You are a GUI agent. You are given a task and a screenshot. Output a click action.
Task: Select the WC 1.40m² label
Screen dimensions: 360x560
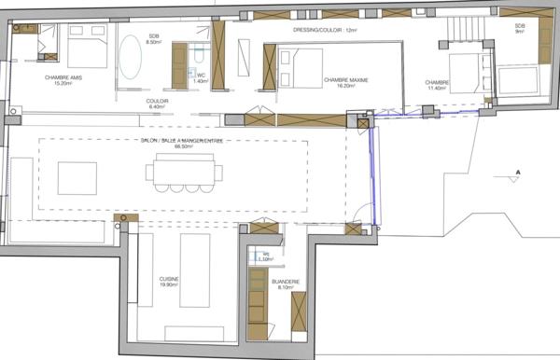click(199, 78)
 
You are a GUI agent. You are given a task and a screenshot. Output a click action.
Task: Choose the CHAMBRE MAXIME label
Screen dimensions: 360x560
click(346, 81)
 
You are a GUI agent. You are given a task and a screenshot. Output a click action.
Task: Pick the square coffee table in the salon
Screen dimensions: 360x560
click(77, 177)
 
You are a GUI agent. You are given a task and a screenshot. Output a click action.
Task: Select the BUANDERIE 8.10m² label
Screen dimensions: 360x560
click(284, 284)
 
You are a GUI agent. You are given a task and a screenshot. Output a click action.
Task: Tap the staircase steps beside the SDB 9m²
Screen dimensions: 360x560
click(461, 30)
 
